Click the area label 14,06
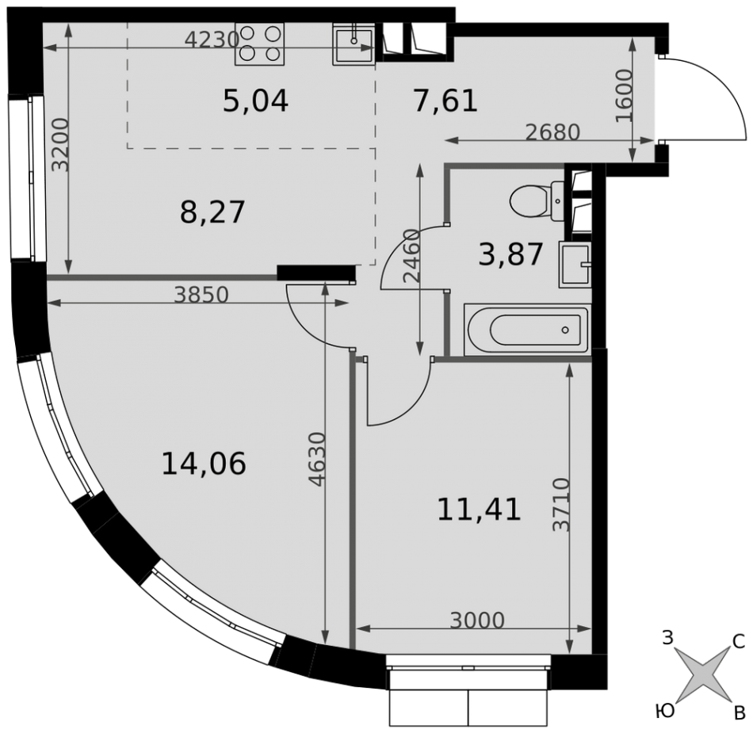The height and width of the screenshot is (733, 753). [204, 464]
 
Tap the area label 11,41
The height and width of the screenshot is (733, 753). [479, 510]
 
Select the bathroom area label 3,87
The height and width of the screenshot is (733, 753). [510, 254]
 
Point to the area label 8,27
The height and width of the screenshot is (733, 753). [212, 212]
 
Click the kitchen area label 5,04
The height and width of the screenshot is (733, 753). [255, 101]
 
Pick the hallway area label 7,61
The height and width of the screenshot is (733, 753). [445, 101]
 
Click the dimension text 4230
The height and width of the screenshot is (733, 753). [212, 40]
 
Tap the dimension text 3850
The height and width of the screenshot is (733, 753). [201, 295]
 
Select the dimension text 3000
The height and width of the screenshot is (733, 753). [477, 620]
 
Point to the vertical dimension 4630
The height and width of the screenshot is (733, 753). [317, 460]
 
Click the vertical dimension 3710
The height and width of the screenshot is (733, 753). [561, 505]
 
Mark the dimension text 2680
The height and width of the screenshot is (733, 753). [552, 132]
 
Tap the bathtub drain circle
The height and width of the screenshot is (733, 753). [564, 330]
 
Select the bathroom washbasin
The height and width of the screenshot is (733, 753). [575, 265]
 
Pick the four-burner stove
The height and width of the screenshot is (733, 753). [259, 44]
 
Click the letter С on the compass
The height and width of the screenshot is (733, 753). [738, 641]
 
